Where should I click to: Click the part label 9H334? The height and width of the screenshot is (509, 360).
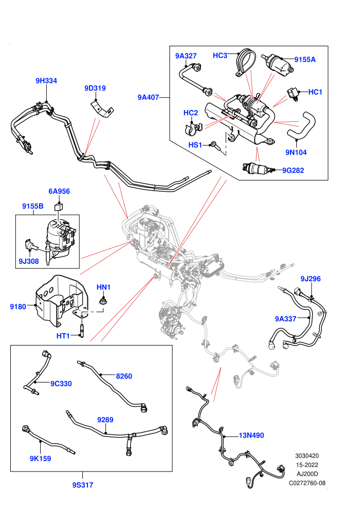[46, 81]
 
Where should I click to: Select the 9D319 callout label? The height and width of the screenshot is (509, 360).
[95, 88]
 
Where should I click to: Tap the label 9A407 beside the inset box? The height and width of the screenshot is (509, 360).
[148, 97]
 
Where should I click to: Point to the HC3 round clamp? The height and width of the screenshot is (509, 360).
[244, 62]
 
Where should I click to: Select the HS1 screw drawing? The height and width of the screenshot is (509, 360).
[217, 146]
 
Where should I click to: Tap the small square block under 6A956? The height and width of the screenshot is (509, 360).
[59, 207]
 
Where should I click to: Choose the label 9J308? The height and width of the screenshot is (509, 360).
[29, 261]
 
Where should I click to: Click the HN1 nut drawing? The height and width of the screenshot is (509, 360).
[103, 301]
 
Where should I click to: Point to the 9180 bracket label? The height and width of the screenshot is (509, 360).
[17, 306]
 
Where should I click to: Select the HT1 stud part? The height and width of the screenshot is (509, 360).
[82, 328]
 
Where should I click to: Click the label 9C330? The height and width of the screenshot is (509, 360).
[61, 384]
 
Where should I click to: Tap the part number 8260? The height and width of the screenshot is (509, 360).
[124, 376]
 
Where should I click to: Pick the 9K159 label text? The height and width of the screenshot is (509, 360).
[40, 459]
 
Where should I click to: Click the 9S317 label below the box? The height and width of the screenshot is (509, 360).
[82, 485]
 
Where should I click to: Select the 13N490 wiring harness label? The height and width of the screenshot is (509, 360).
[251, 435]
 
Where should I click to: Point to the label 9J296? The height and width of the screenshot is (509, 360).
[310, 279]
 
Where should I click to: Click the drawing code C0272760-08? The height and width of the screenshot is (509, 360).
[307, 483]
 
